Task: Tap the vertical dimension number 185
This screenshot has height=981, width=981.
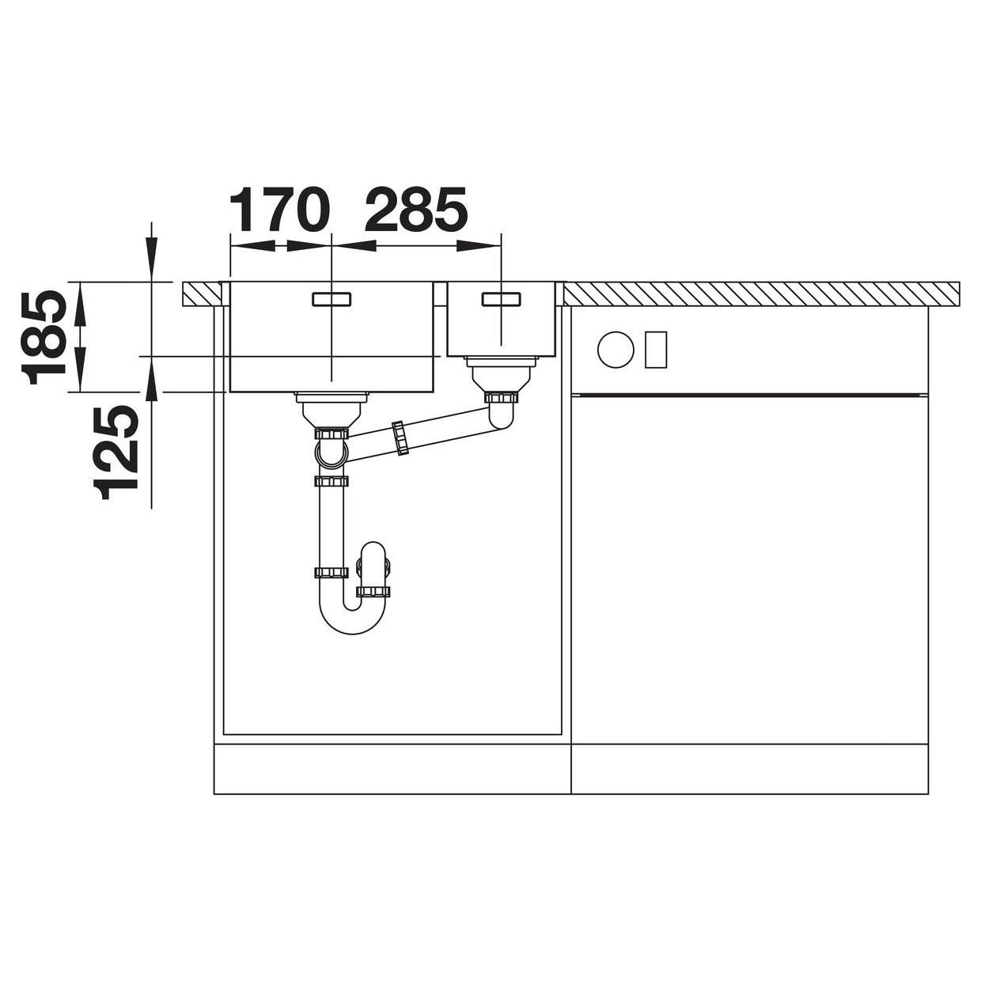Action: [x=44, y=338]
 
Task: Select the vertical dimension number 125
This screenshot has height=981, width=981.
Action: [x=116, y=452]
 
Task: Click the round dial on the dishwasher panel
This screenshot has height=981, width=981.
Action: [x=615, y=350]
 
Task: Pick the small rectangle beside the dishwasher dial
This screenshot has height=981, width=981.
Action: [x=656, y=350]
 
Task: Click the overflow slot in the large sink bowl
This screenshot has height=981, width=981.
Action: [x=331, y=299]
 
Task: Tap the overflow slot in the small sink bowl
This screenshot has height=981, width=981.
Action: [x=502, y=299]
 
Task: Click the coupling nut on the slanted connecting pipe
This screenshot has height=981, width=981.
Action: [x=400, y=437]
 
